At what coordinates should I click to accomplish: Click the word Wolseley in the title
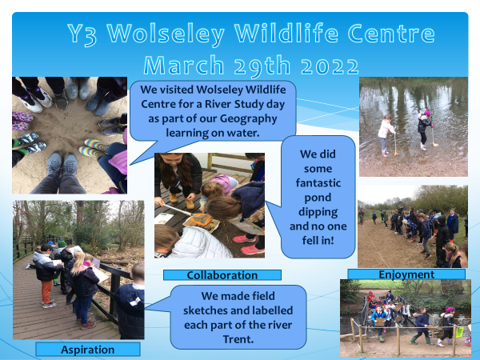click(x=166, y=34)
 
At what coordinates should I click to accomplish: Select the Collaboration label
click(x=222, y=275)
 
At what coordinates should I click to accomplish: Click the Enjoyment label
click(x=406, y=274)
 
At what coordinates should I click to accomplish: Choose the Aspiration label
click(x=88, y=350)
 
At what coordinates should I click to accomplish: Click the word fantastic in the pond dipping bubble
click(x=318, y=182)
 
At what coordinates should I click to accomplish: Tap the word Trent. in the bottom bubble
click(x=238, y=339)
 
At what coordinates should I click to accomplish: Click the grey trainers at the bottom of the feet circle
click(x=62, y=163)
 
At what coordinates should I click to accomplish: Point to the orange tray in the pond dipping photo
click(x=201, y=219)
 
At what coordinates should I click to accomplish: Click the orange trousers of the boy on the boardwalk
click(x=47, y=291)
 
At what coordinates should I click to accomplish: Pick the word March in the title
click(x=184, y=66)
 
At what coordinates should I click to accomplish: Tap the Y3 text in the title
click(x=82, y=34)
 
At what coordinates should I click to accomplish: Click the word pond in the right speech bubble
click(x=318, y=198)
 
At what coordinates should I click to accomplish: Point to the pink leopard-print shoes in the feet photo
click(x=22, y=121)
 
